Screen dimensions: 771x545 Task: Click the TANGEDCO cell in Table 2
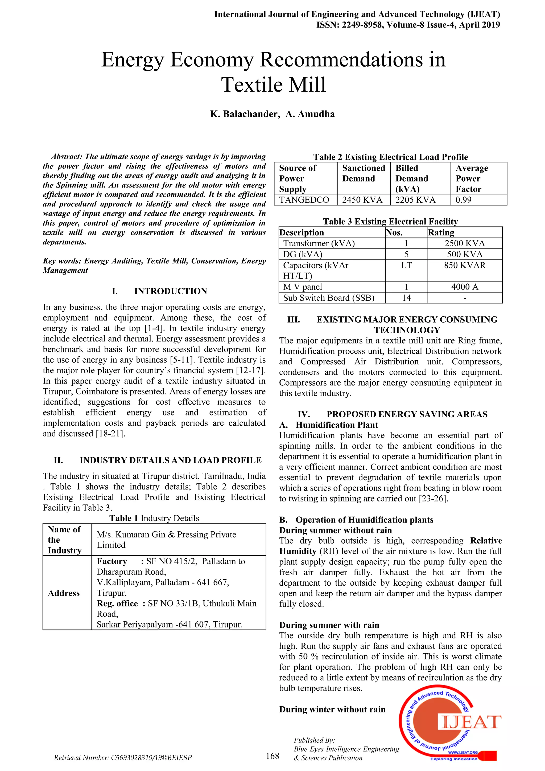point(304,200)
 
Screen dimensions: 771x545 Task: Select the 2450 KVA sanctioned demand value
point(362,200)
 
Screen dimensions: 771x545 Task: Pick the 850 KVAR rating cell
point(465,265)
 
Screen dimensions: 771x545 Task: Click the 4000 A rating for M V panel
point(465,287)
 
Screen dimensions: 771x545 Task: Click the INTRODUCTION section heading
point(171,291)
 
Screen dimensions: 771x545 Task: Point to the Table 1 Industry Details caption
point(154,518)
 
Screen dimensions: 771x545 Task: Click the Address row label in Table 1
point(64,593)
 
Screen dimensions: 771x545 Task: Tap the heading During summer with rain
point(329,625)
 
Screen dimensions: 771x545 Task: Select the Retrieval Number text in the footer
point(123,758)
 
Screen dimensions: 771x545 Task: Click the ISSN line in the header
point(408,25)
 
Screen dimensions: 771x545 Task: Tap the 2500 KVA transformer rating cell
point(465,243)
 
